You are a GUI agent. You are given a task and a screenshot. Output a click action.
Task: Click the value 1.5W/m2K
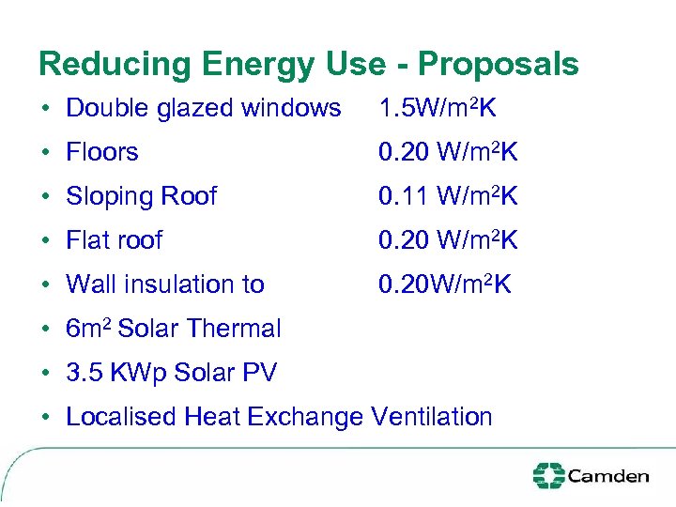point(438,108)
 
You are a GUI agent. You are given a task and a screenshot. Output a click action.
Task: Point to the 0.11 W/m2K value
point(448,196)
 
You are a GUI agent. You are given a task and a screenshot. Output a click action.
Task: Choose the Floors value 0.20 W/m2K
point(448,152)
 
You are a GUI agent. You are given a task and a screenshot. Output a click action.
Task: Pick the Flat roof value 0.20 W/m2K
point(448,240)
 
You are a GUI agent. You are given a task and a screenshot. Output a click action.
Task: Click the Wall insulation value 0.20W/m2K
point(445,284)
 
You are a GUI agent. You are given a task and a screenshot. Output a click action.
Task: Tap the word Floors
point(101,152)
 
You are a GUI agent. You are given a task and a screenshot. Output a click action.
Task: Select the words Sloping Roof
point(141,196)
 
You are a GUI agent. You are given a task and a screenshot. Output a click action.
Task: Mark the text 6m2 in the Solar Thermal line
point(88,328)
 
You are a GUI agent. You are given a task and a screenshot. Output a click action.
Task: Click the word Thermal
point(234,329)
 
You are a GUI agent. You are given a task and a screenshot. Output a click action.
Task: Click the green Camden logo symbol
point(548,475)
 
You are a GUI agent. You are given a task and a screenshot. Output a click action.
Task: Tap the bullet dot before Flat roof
point(45,241)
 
